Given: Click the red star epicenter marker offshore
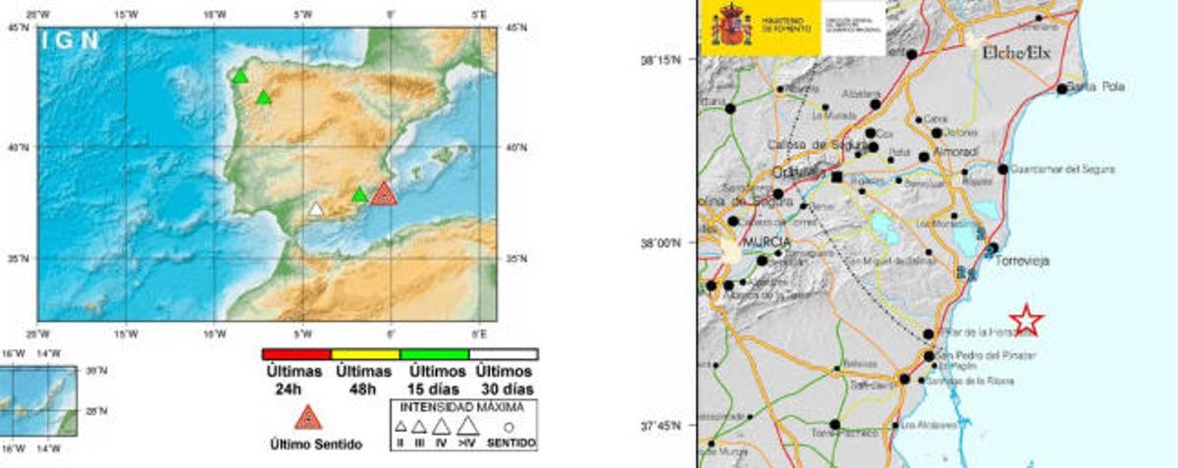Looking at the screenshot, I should pos(1026,320).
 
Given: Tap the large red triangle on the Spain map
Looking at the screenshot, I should pos(383,193).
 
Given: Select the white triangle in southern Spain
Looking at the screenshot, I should pos(315,209).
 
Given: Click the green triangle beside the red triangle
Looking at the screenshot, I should pos(360,194).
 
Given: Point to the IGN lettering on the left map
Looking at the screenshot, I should pos(70,40).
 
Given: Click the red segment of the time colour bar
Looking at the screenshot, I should pos(296,354).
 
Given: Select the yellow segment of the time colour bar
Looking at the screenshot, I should pos(365,354).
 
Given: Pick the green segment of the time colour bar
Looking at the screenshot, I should pos(434,354).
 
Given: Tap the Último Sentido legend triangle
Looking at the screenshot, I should pos(308,418).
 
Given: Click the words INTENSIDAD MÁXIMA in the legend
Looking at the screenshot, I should pos(464,405).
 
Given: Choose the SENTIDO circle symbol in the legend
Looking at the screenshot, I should pos(509,427).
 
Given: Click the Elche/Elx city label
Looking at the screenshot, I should pos(1016,53).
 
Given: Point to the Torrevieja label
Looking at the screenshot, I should pos(1023,262).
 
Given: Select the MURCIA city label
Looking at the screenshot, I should pos(768,241).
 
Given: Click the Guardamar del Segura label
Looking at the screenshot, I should pos(1059,169).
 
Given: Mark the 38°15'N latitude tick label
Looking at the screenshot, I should pos(661,60).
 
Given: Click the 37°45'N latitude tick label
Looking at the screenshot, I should pos(661,426).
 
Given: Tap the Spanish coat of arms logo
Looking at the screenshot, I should pos(731,25).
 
